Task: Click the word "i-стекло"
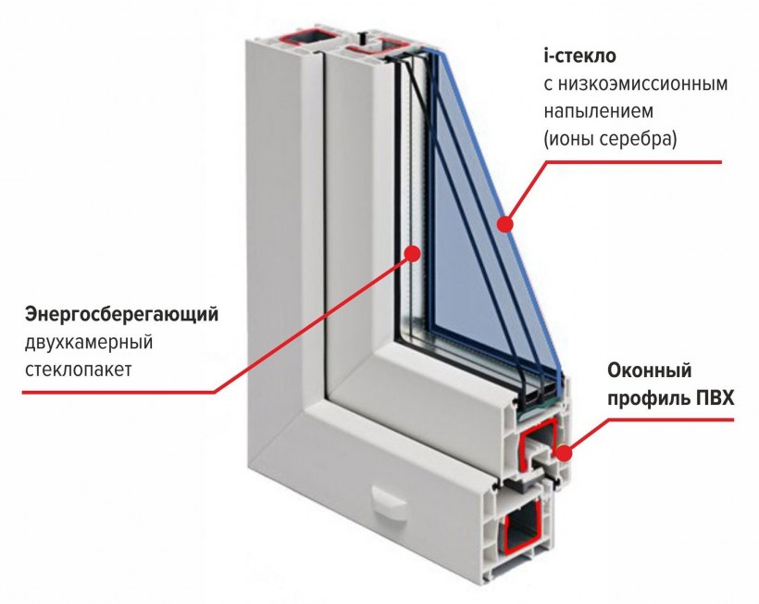tap(579, 57)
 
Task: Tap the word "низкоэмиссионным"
tap(642, 84)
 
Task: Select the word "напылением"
tap(598, 112)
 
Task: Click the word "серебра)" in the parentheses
tap(638, 140)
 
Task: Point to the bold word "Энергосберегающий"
tap(121, 315)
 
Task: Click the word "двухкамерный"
tap(89, 343)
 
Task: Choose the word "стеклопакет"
tap(79, 370)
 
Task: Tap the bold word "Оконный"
tap(650, 371)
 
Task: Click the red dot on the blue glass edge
tap(505, 224)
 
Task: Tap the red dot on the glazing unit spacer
tap(412, 253)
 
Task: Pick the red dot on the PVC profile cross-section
tap(563, 453)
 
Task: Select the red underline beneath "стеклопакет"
tap(118, 393)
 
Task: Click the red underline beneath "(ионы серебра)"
tap(633, 162)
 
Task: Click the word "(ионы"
tap(568, 140)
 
